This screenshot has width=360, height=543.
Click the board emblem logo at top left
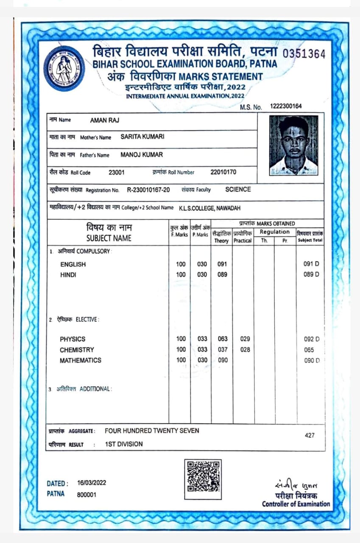coord(64,68)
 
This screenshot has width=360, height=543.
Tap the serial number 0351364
coord(304,54)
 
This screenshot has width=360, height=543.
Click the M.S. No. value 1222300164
coord(286,106)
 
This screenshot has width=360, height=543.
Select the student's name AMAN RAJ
coord(104,120)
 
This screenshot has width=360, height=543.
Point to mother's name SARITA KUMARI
coord(142,137)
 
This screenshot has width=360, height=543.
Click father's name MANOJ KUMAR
coord(142,154)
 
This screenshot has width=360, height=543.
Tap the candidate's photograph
coord(293,145)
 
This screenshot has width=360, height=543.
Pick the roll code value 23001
coord(117,172)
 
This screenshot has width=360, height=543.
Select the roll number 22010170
coord(223,172)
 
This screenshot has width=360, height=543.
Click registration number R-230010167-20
coord(148,190)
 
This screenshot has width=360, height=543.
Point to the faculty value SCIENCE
coord(238,189)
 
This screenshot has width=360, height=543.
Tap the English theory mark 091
coord(222,264)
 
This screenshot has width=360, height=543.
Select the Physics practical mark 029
coord(245,339)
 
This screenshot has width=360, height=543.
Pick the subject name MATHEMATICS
coord(81,360)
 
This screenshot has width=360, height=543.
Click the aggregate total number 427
coord(310,435)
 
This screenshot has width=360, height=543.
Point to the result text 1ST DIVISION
coord(124,444)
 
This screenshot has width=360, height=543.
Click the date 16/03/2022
coord(92,483)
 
